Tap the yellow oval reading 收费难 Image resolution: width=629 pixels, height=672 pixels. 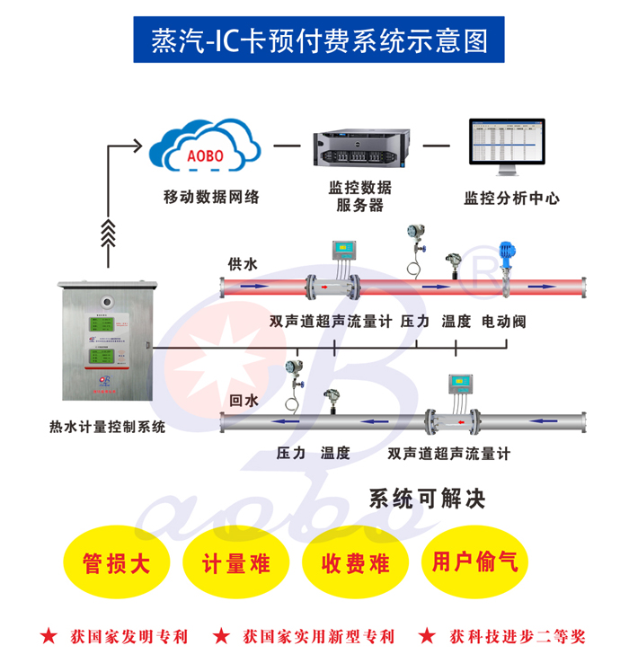pyautogui.click(x=357, y=564)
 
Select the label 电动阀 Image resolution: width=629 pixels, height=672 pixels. pyautogui.click(x=503, y=322)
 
